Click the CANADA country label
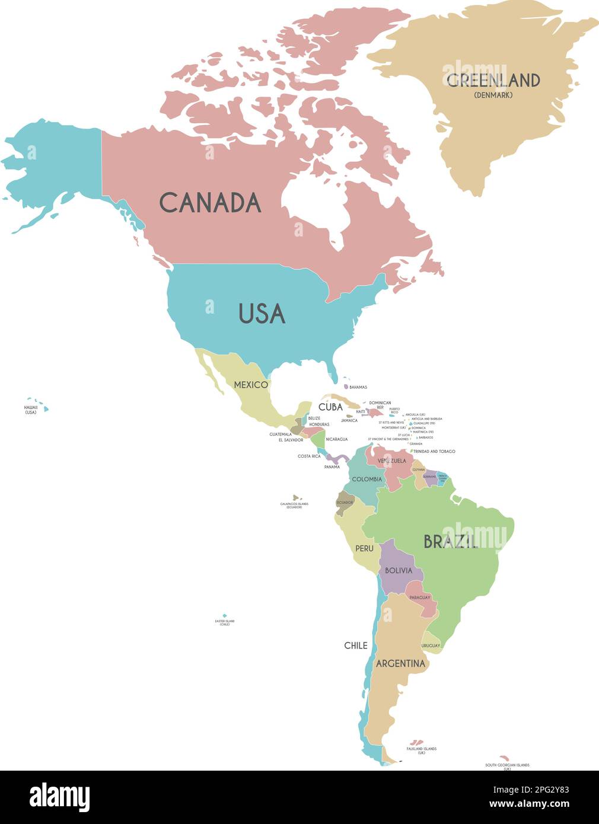(210, 203)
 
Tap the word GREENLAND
(493, 80)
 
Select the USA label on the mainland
(262, 314)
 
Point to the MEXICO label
(250, 385)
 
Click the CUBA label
(330, 407)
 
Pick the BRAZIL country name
(450, 541)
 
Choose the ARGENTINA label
(401, 663)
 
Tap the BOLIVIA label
(398, 571)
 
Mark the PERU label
(364, 549)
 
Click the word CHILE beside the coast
(356, 646)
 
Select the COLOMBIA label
(367, 480)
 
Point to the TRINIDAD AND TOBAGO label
(434, 452)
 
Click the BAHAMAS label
(358, 387)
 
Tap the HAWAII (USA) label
(31, 410)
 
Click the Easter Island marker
(224, 616)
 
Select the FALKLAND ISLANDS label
(421, 749)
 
